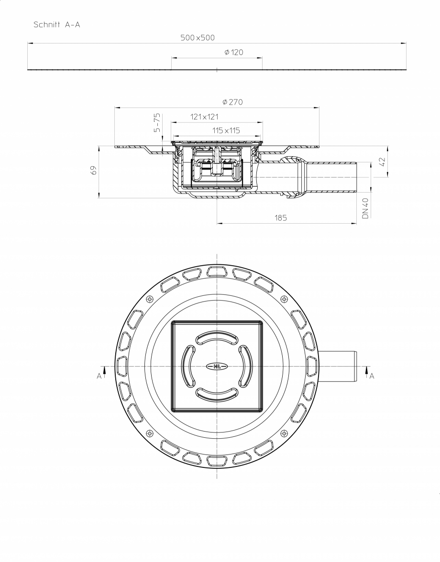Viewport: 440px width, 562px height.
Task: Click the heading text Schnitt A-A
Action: tap(56, 24)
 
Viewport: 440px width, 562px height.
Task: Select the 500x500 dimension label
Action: tap(198, 38)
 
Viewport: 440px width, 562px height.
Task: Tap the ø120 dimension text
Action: tap(233, 52)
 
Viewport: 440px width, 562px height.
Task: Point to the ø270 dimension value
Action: tap(232, 102)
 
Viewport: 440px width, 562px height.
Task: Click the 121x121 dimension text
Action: tap(205, 117)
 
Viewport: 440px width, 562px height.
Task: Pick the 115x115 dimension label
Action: tap(226, 130)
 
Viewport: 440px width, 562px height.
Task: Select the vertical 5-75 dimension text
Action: tap(157, 123)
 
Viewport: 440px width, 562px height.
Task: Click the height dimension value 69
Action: tap(94, 171)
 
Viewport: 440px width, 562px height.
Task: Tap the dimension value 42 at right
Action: tap(382, 161)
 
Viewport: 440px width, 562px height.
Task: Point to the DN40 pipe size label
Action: tap(365, 208)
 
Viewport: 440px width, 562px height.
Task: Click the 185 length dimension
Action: tap(280, 218)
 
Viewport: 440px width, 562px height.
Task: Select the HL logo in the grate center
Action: tap(217, 367)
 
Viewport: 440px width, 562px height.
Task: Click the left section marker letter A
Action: tap(99, 376)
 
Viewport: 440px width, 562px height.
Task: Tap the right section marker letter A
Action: tap(372, 376)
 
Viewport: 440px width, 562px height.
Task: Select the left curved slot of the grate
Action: tap(188, 366)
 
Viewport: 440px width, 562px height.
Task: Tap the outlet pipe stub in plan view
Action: tap(339, 367)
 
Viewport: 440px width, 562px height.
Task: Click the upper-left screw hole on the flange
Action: tap(150, 299)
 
